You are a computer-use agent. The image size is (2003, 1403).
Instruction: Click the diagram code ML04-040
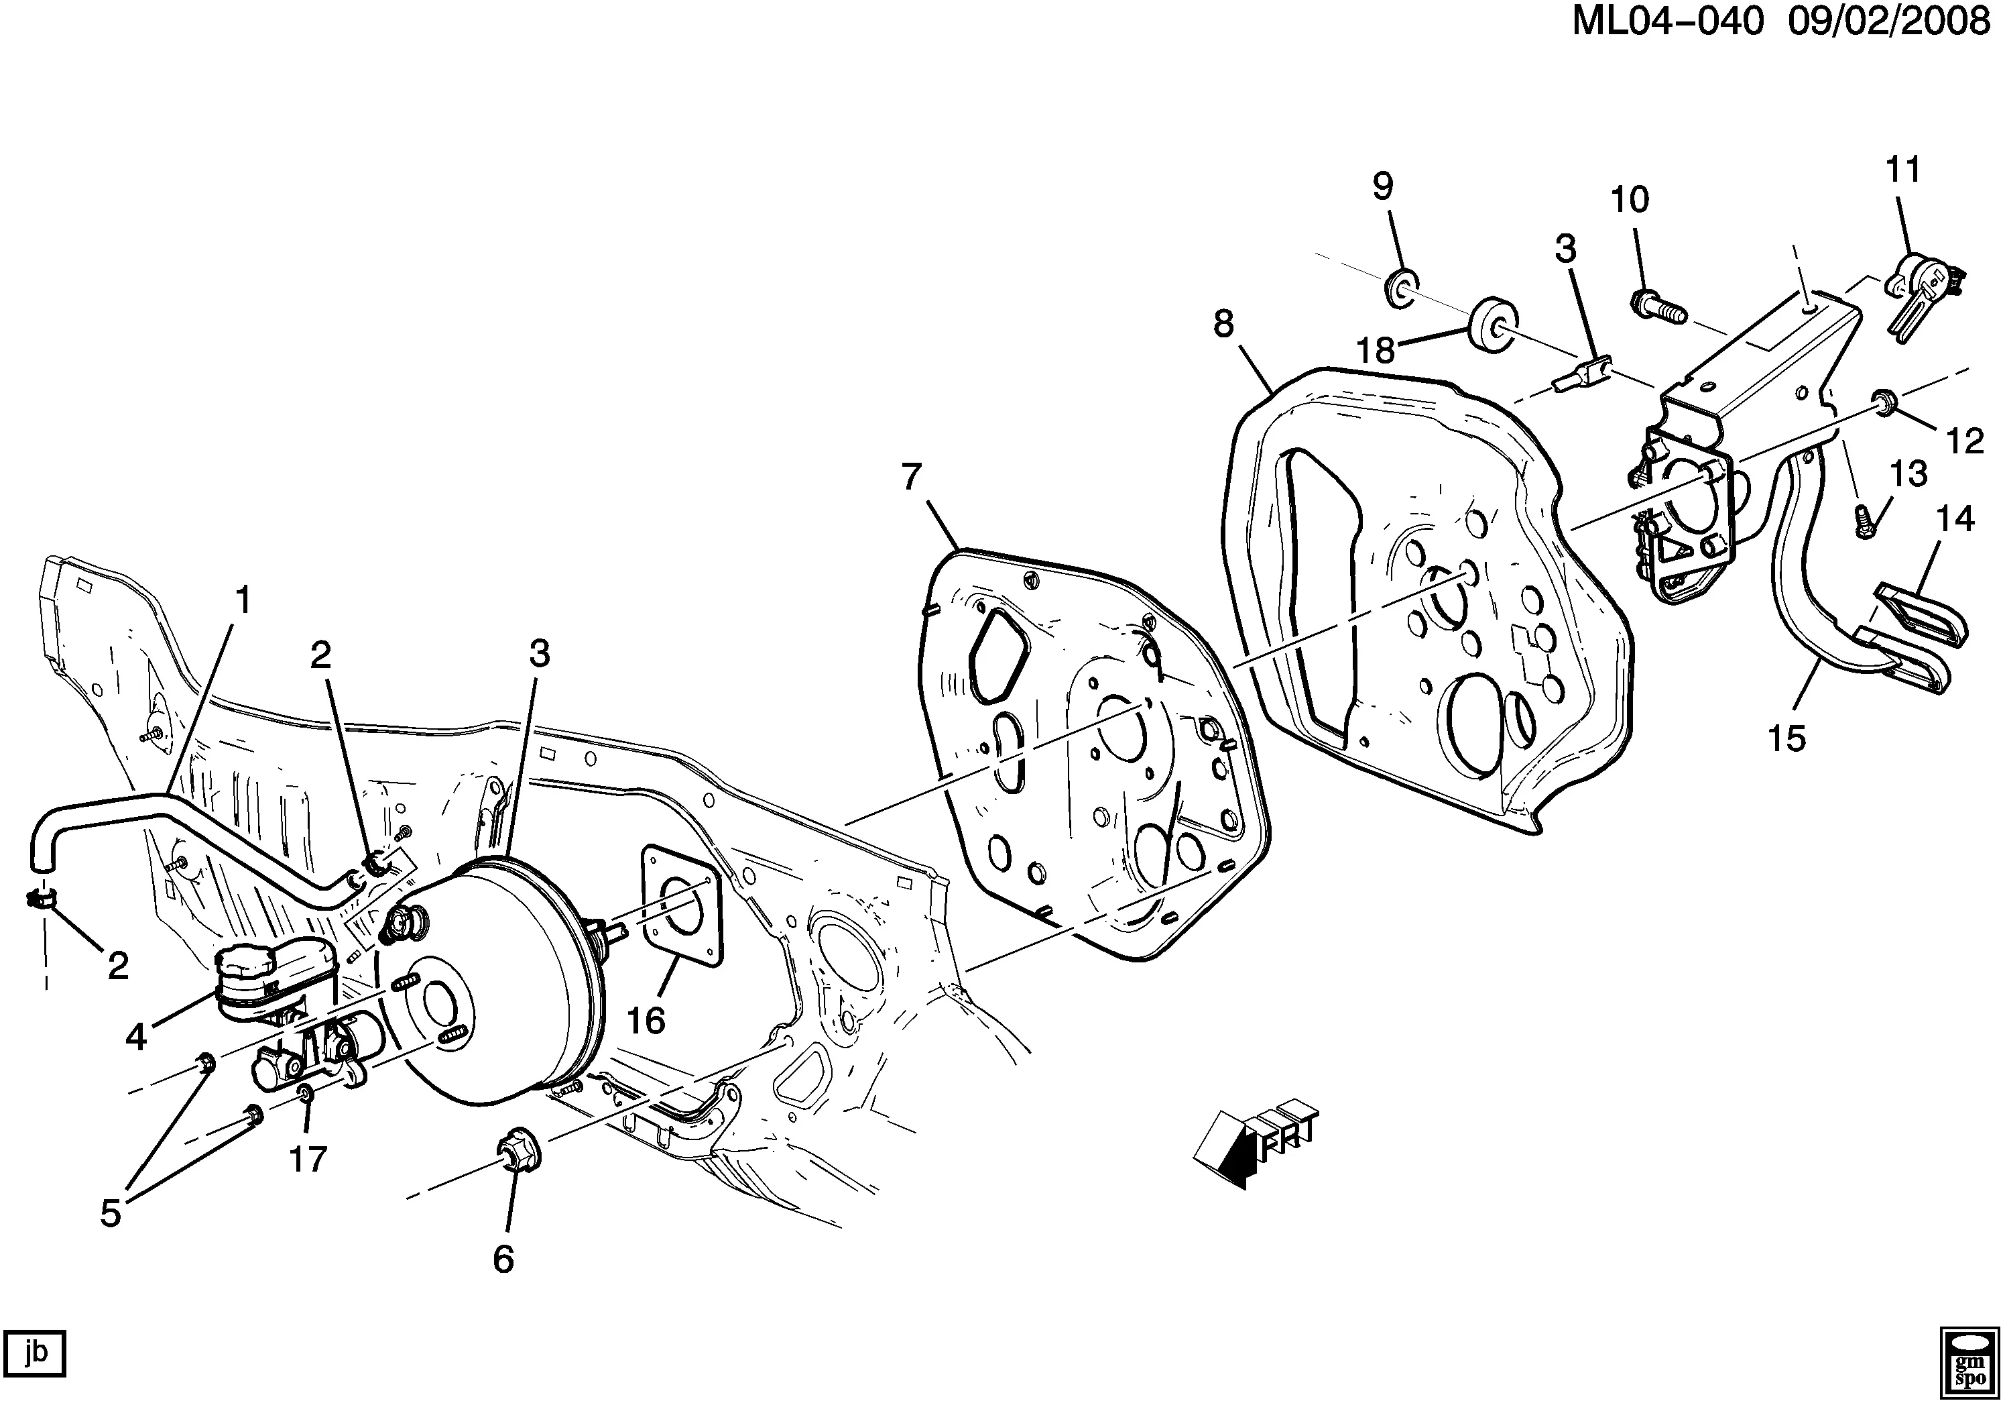coord(1667,22)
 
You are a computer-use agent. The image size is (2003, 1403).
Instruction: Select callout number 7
coord(911,478)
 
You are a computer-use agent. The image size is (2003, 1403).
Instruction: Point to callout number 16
coord(646,1020)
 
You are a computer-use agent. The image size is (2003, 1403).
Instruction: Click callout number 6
coord(503,1258)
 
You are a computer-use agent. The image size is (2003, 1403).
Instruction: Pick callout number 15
coord(1786,738)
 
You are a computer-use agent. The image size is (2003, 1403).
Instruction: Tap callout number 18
coord(1375,351)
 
